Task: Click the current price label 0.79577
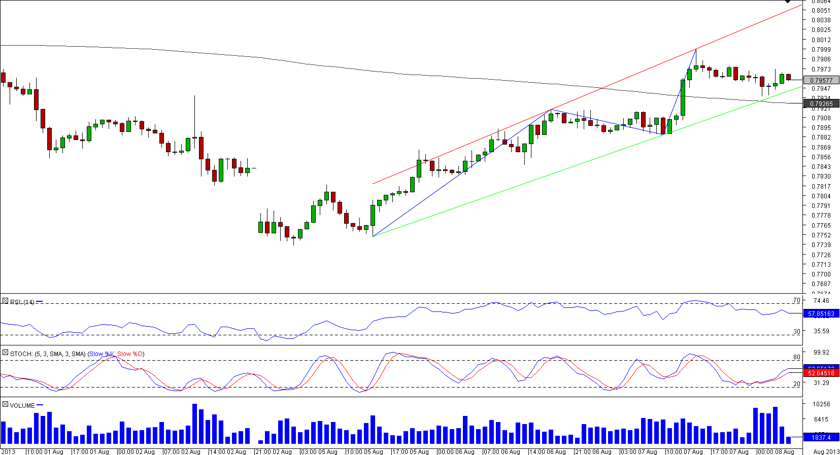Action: point(821,80)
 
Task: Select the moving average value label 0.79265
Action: point(821,103)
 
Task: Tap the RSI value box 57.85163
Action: point(821,314)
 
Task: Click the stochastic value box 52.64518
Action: point(821,373)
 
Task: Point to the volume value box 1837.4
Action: point(821,437)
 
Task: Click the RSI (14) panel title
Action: point(22,302)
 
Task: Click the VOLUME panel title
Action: point(22,405)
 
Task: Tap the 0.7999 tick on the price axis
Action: point(821,50)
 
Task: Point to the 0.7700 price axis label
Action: point(821,274)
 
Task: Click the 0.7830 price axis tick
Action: point(821,177)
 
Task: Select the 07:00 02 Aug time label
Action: point(182,451)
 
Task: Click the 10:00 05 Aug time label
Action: point(364,451)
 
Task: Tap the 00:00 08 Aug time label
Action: point(776,451)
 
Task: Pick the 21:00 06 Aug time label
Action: point(593,451)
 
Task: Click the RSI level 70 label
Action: point(796,300)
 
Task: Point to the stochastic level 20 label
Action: point(796,384)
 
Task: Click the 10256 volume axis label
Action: point(821,404)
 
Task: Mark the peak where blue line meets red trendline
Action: point(696,49)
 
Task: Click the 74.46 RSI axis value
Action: point(821,301)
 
